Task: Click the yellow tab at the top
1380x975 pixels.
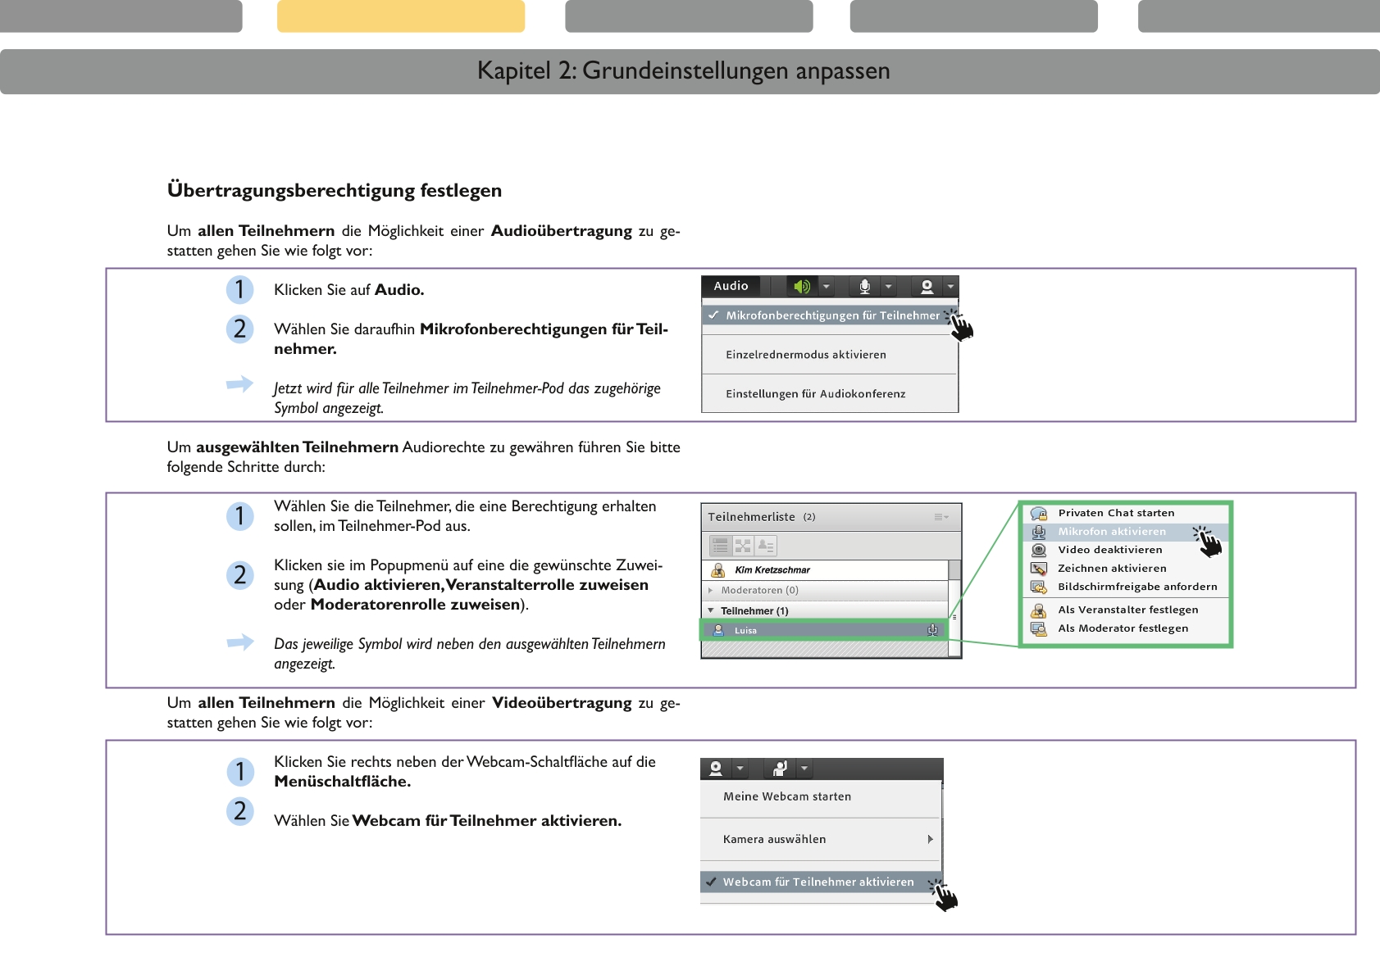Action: pyautogui.click(x=400, y=16)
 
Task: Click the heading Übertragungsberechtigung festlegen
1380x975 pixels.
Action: pyautogui.click(x=335, y=190)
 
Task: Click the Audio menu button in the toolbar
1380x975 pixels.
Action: pyautogui.click(x=731, y=286)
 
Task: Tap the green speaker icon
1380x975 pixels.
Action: pyautogui.click(x=801, y=286)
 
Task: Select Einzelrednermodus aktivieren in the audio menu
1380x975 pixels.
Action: pyautogui.click(x=805, y=355)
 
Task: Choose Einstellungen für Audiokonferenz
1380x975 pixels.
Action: pyautogui.click(x=815, y=394)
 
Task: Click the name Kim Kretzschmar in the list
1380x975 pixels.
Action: pyautogui.click(x=772, y=570)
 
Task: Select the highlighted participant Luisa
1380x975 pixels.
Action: pyautogui.click(x=745, y=631)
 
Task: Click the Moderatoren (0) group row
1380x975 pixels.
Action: pyautogui.click(x=758, y=591)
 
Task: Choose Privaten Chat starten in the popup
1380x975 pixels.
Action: pyautogui.click(x=1115, y=513)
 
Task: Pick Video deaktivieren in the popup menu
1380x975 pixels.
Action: pyautogui.click(x=1109, y=550)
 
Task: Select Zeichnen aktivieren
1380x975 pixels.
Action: pyautogui.click(x=1111, y=569)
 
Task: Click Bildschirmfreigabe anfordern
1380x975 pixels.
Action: pyautogui.click(x=1136, y=587)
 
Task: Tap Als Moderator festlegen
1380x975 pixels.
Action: pyautogui.click(x=1123, y=628)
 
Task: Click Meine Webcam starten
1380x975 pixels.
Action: pyautogui.click(x=786, y=796)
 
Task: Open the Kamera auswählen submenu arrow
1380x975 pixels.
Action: pyautogui.click(x=930, y=839)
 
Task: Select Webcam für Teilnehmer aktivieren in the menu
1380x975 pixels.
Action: pyautogui.click(x=818, y=882)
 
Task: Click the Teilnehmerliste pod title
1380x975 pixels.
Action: pyautogui.click(x=751, y=517)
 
